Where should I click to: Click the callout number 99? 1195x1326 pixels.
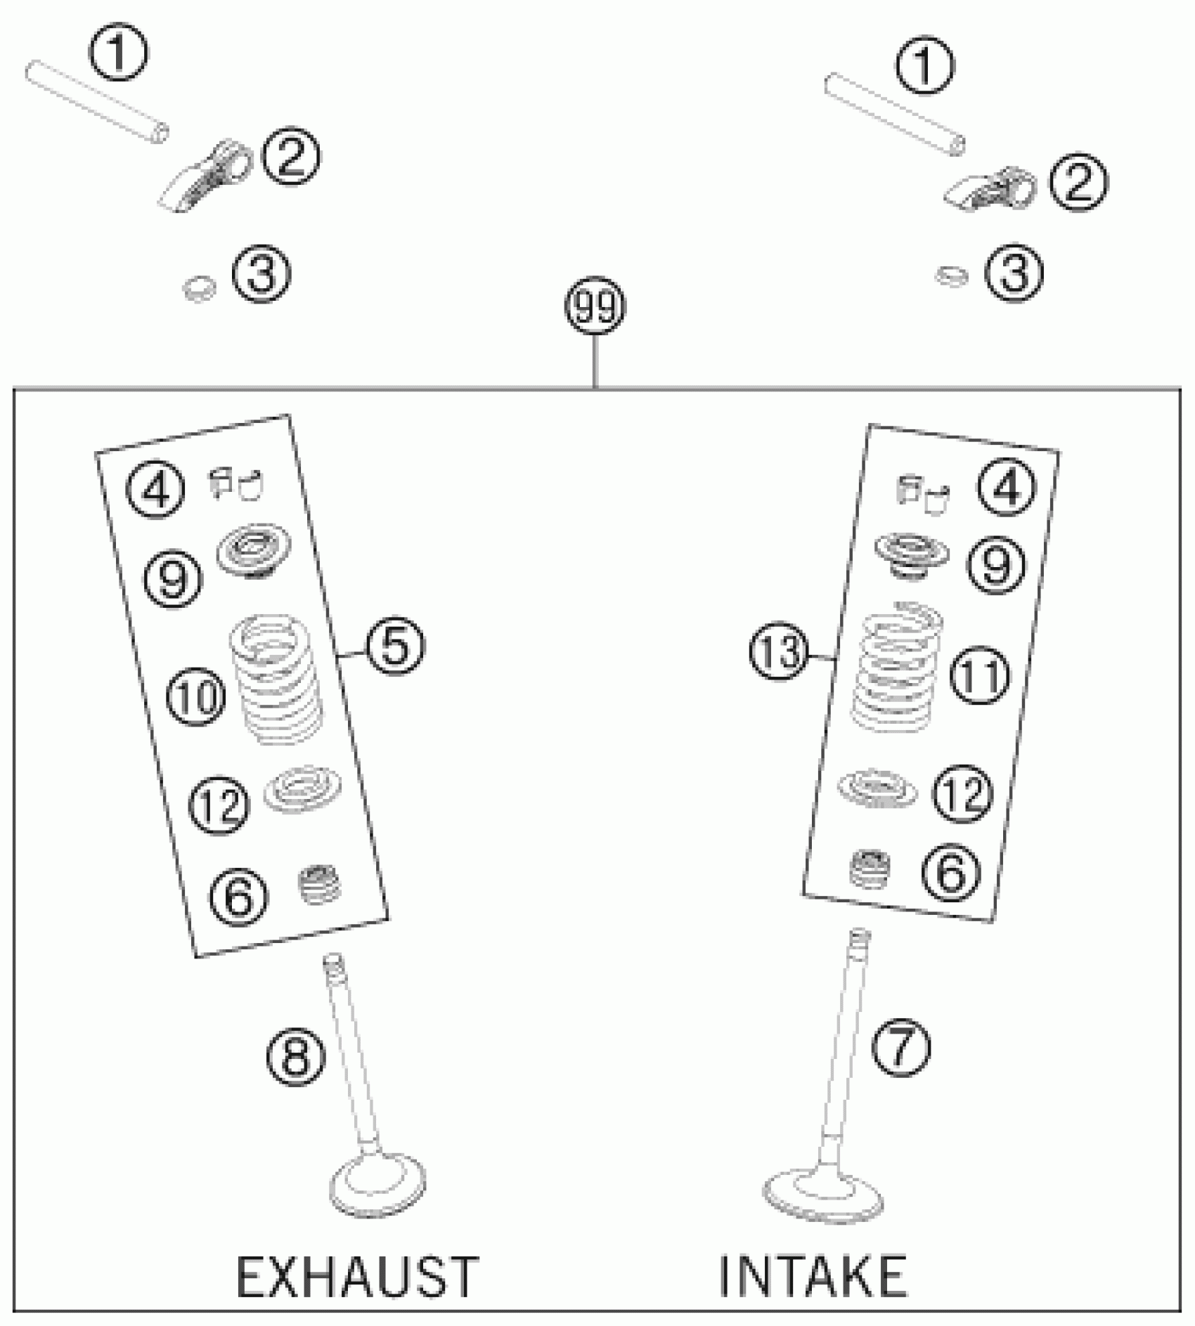[x=595, y=308]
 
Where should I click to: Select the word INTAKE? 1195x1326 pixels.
[x=813, y=1275]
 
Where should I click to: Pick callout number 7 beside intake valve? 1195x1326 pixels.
[x=900, y=1048]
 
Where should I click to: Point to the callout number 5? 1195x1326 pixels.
[x=394, y=647]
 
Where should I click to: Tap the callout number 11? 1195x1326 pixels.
[x=980, y=677]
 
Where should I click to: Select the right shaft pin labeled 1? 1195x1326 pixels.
[x=894, y=113]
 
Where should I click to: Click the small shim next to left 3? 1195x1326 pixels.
[x=198, y=288]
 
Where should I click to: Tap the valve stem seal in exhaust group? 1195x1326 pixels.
[x=319, y=885]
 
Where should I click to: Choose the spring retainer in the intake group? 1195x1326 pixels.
[x=911, y=555]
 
